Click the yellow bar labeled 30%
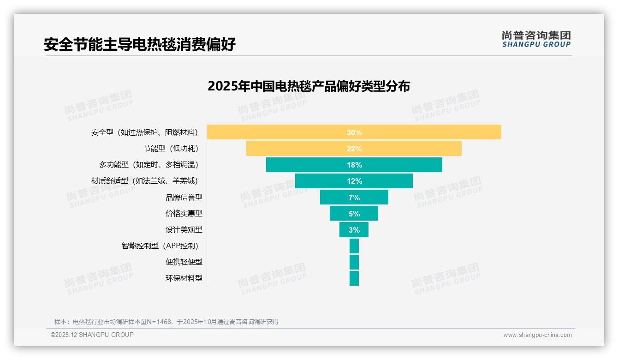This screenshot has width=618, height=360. (x=354, y=132)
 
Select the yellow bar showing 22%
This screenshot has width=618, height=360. (x=354, y=149)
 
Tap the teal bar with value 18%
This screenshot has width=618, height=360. (x=354, y=165)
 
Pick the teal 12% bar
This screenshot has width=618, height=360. (x=354, y=181)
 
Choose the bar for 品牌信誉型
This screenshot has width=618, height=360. (x=354, y=197)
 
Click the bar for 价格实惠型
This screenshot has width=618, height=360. (x=354, y=213)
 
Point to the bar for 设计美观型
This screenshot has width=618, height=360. (x=354, y=229)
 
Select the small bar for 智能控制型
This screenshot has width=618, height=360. (x=354, y=246)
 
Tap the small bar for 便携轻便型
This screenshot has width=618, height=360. (x=354, y=262)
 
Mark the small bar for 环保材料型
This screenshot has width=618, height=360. (x=354, y=278)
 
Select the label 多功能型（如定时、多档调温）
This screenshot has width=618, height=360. (x=150, y=165)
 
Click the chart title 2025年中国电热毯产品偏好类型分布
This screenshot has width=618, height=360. (x=309, y=86)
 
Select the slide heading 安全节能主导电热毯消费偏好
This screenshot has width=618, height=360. (x=140, y=44)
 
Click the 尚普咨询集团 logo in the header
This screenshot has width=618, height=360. (x=536, y=39)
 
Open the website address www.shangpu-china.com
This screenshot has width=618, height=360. (x=537, y=335)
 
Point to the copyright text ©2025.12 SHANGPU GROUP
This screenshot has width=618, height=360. (x=92, y=335)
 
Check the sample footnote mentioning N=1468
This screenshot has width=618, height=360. (x=166, y=322)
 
